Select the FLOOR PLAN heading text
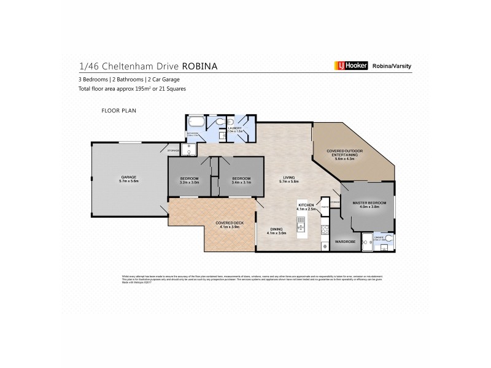[118, 111]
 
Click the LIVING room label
[288, 180]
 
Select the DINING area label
[276, 231]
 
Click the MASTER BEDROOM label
[369, 204]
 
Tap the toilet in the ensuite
[389, 239]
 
